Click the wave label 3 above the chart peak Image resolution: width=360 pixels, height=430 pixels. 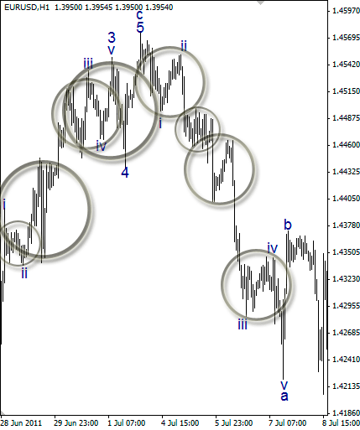tap(112, 38)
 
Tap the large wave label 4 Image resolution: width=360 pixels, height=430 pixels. tap(125, 173)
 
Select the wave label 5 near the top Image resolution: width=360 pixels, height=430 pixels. tap(140, 28)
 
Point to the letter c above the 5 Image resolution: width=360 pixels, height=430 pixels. tap(140, 14)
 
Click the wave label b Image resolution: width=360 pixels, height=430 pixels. tap(288, 225)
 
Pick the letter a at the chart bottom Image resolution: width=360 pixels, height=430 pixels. tap(284, 396)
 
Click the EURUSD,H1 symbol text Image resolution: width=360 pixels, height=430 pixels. tap(27, 8)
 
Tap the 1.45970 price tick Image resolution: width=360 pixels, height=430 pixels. tap(346, 11)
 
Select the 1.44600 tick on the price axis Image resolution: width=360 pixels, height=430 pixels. tap(346, 145)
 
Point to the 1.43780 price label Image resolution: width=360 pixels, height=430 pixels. tap(346, 225)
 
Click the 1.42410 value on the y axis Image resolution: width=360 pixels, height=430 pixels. tap(346, 360)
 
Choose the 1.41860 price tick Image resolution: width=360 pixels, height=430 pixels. tap(346, 413)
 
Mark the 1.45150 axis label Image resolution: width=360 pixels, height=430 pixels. tap(346, 91)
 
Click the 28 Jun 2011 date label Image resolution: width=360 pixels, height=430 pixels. tap(22, 423)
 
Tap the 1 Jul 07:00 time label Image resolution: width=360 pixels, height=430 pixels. tap(127, 423)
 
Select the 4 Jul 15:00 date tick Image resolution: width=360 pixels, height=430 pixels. tap(180, 423)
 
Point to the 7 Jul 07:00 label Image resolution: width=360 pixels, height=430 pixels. tap(288, 423)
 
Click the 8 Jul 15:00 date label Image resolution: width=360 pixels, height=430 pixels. tap(342, 423)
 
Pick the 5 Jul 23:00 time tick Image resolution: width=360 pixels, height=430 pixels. tap(234, 423)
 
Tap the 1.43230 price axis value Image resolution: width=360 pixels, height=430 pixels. tap(346, 279)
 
